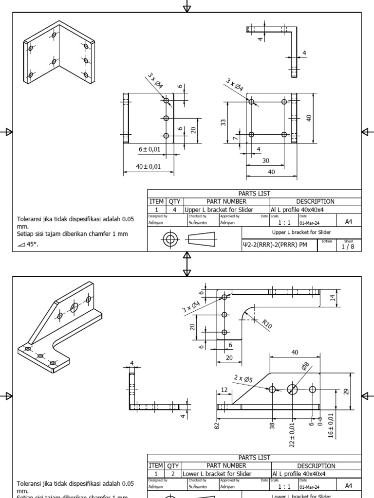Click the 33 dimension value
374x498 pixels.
coord(224,122)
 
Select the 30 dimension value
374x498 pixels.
coord(265,160)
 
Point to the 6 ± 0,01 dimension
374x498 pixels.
coord(149,149)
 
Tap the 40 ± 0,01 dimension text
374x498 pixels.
coord(149,167)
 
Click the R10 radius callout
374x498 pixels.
coord(267,324)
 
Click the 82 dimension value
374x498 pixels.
coord(217,426)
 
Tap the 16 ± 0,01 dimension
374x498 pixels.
coord(331,425)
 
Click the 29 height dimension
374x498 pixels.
coord(346,391)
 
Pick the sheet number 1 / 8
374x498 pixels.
coord(348,246)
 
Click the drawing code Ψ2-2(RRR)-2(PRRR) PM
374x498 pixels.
coord(275,245)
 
